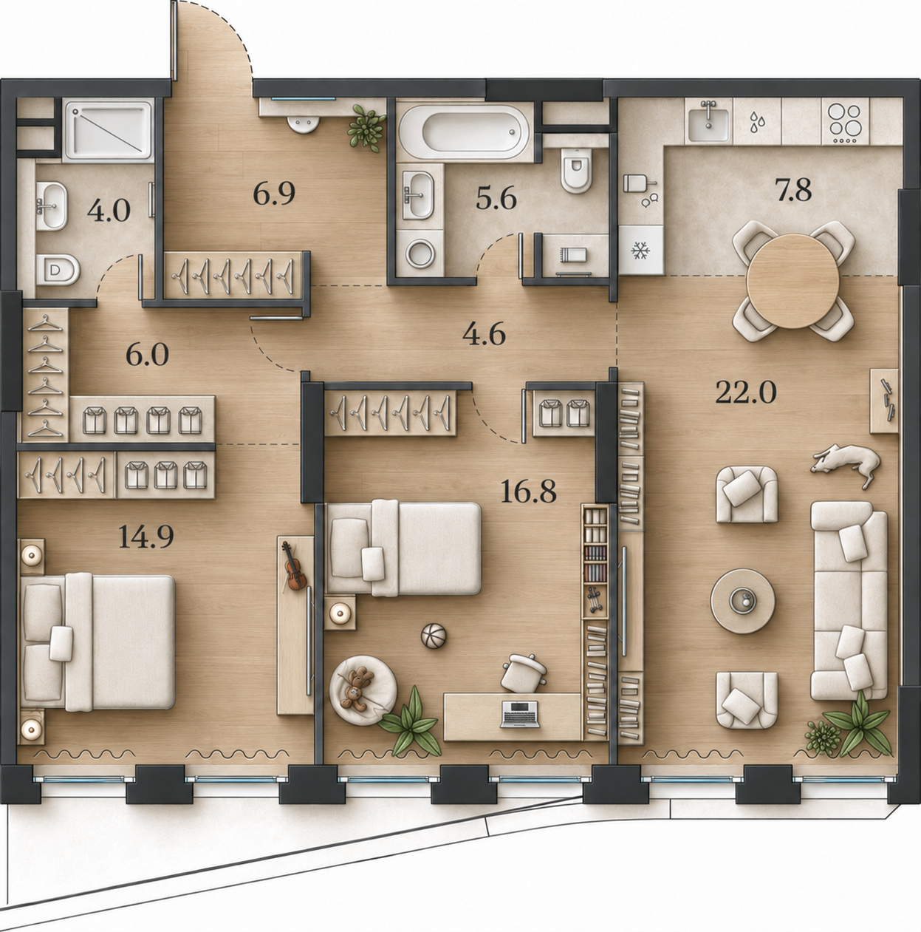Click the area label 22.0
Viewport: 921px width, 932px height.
745,392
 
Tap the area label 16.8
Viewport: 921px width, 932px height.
528,491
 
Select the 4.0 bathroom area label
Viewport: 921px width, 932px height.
109,211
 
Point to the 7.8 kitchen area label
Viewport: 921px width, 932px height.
793,190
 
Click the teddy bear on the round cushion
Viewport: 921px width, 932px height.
357,689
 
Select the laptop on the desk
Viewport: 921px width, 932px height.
520,714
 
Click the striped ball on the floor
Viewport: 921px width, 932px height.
434,636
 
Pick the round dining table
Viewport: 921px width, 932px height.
793,281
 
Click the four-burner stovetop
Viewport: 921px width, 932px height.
845,122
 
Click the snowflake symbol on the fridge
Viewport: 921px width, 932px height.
641,251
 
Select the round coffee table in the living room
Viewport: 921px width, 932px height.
742,601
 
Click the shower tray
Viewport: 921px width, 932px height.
109,129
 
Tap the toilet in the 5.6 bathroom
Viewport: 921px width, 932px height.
577,170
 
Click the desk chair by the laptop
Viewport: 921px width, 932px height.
523,673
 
